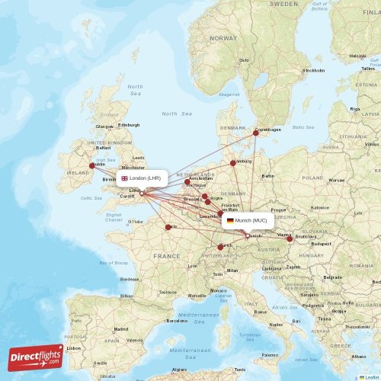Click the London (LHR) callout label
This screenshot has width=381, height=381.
(x=141, y=178)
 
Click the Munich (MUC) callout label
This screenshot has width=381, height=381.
(x=247, y=220)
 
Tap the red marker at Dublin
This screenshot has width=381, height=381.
(x=92, y=165)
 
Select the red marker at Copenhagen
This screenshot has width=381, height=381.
(x=256, y=133)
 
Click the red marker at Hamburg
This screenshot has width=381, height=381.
(x=233, y=163)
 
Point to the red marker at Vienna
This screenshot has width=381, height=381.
(x=290, y=239)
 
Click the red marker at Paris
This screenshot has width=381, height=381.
(x=168, y=227)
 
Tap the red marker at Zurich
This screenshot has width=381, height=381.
(x=220, y=247)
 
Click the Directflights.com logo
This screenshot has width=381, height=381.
(x=36, y=357)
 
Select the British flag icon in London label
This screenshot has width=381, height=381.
(x=124, y=178)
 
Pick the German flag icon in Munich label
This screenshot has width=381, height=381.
(x=230, y=220)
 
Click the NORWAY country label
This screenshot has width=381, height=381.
(x=224, y=37)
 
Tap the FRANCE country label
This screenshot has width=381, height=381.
(x=166, y=257)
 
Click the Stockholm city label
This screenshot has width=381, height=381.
(x=313, y=70)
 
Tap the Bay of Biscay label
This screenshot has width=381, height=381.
(x=114, y=263)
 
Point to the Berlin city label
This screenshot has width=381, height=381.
(x=267, y=176)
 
